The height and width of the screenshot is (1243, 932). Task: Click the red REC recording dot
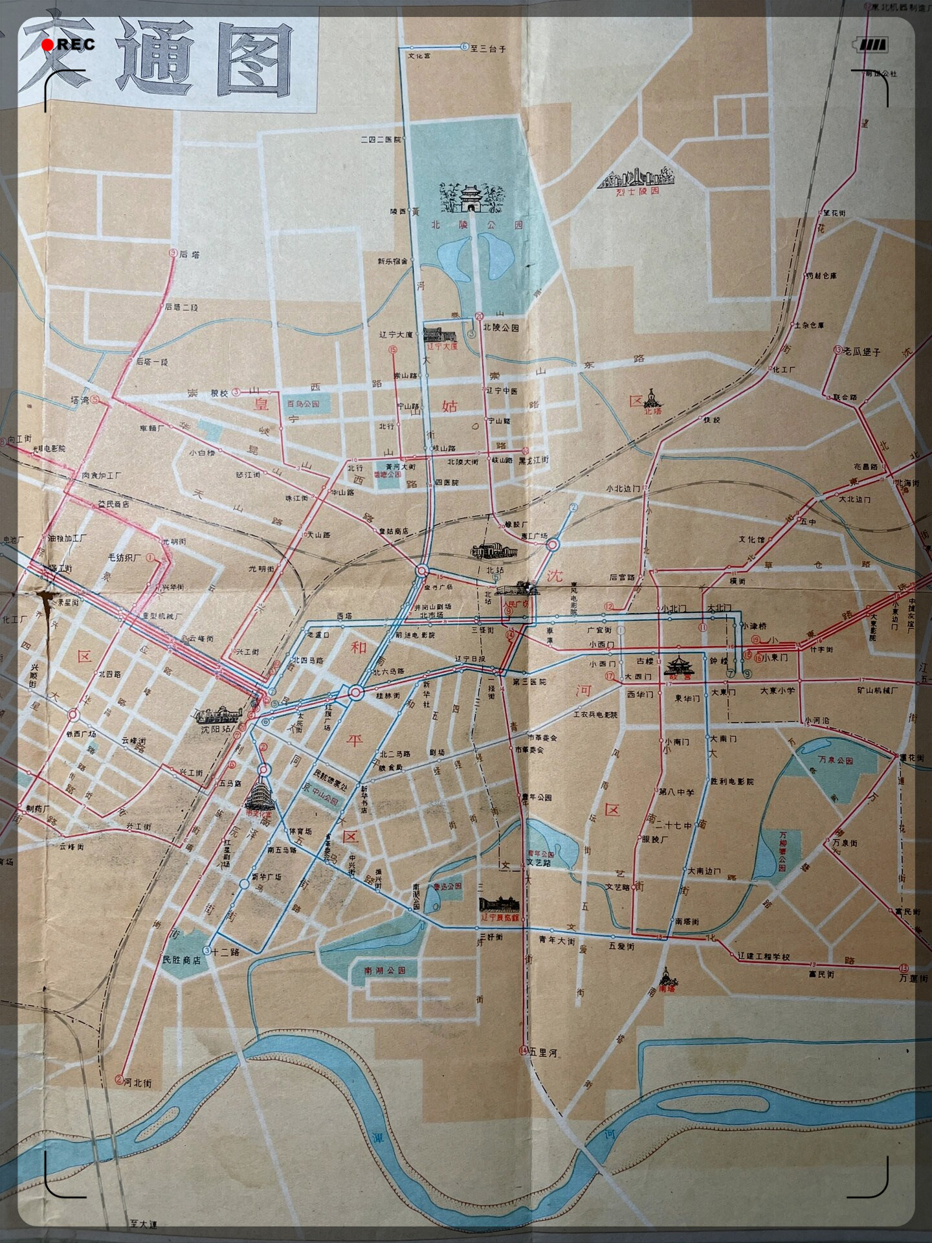[x=48, y=45]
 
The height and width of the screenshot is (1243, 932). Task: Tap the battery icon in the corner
[x=872, y=45]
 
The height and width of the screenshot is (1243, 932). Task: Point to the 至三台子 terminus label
[x=488, y=49]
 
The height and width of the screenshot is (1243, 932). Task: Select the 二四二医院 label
[x=381, y=140]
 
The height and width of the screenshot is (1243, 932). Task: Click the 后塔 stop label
[x=189, y=254]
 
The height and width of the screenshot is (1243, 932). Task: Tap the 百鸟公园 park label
[x=304, y=404]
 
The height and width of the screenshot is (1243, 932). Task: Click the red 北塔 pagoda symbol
[x=654, y=401]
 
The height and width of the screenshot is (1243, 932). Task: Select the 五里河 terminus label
[x=543, y=1053]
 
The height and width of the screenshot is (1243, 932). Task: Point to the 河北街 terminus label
[x=137, y=1082]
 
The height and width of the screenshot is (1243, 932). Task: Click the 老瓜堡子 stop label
[x=863, y=352]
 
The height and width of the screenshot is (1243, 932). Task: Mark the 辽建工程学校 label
[x=764, y=956]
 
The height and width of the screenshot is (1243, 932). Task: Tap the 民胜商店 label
[x=181, y=960]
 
